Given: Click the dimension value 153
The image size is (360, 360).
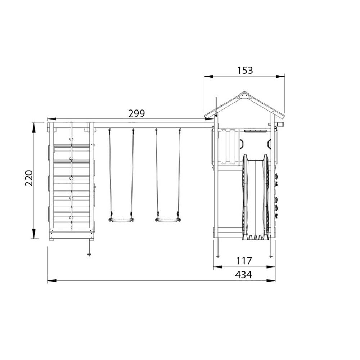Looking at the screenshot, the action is tap(245, 71).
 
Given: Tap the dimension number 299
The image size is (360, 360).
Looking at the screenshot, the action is tap(136, 114).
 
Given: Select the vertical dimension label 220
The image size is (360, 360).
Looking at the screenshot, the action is tap(29, 178).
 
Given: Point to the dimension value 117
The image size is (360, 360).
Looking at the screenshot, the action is tap(244, 261).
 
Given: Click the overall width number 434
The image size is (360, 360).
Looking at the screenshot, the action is tap(243, 275).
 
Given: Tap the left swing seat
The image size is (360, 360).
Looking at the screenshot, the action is tap(121, 220).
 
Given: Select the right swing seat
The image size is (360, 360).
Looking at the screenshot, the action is tap(168, 220).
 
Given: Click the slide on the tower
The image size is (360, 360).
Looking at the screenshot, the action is tap(256, 197).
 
